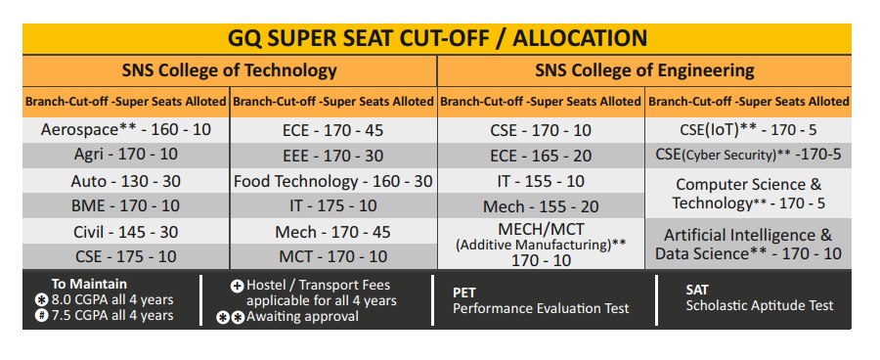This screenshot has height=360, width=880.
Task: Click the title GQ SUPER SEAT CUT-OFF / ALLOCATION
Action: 437,38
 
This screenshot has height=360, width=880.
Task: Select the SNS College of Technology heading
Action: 230,70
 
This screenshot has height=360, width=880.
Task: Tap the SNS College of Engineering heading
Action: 644,70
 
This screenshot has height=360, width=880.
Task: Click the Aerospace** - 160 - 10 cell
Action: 126,130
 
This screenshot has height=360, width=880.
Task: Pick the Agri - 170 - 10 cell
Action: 126,155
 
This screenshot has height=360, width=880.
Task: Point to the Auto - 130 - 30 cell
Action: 126,181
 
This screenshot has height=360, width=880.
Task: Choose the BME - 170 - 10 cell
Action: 126,205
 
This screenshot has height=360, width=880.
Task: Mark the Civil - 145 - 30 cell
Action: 126,232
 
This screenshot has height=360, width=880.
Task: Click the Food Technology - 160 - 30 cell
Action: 333,181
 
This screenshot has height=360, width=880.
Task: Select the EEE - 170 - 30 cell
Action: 333,156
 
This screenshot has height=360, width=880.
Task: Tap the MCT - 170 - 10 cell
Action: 333,256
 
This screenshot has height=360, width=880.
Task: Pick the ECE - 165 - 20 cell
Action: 541,156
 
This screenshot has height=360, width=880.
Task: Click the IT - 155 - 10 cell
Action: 541,181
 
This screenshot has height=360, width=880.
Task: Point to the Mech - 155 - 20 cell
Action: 541,206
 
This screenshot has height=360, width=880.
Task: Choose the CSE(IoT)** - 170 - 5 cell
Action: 748,130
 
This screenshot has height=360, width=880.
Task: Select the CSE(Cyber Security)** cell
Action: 748,155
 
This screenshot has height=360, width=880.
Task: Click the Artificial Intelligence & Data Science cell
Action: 748,244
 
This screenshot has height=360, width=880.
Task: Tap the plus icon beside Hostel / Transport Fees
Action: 238,286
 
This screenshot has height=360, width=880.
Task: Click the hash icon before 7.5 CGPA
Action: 41,315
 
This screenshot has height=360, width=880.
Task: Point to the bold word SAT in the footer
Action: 697,290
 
